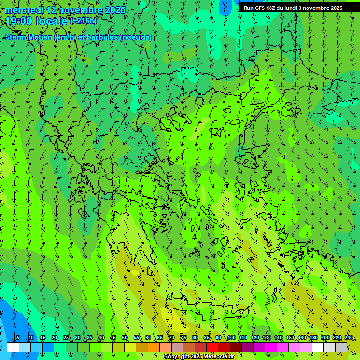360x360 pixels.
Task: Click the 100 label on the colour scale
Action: [232, 338]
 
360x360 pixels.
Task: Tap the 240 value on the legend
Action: [349, 338]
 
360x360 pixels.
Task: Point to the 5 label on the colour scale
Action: [18, 338]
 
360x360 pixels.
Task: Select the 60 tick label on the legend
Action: [148, 338]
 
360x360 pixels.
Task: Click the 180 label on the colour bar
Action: [313, 338]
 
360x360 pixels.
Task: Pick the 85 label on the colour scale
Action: [207, 338]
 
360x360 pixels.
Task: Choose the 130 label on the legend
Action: [267, 338]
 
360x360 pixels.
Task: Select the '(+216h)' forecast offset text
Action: [83, 21]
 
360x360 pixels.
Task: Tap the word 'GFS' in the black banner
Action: [259, 8]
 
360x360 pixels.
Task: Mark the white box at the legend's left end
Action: [13, 347]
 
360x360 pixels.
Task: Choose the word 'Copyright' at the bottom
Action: [177, 357]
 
